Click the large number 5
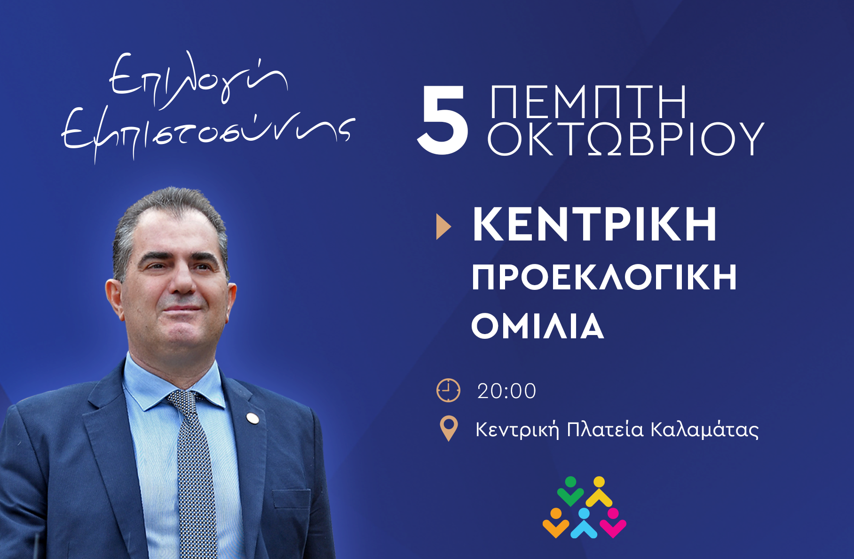(443, 120)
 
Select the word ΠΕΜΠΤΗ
(588, 102)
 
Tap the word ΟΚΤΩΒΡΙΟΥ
(625, 139)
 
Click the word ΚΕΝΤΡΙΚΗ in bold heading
(594, 224)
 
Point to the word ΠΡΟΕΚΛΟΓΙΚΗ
(604, 278)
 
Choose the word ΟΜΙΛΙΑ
(538, 327)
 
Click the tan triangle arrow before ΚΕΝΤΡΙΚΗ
(443, 227)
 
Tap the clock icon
(448, 390)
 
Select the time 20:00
(506, 391)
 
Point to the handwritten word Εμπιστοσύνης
(207, 134)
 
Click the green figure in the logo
(570, 491)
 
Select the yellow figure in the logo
(599, 491)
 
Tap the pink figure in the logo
(613, 522)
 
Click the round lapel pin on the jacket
(253, 418)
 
